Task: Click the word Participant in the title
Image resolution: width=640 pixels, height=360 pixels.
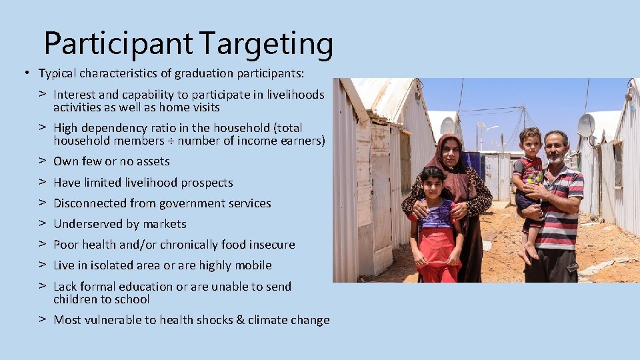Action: pyautogui.click(x=118, y=44)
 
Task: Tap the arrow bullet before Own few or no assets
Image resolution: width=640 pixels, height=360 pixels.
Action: pyautogui.click(x=41, y=161)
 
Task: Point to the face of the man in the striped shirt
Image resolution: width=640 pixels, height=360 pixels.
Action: pyautogui.click(x=555, y=149)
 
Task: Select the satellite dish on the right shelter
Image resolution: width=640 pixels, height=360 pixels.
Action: pyautogui.click(x=586, y=125)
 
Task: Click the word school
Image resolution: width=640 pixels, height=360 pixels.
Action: pyautogui.click(x=133, y=299)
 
